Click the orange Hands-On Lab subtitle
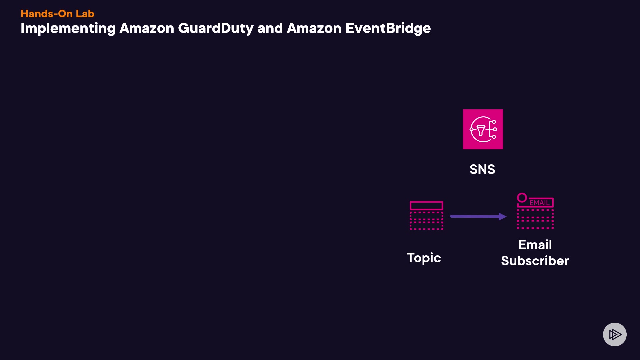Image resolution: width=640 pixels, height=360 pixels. coord(57,14)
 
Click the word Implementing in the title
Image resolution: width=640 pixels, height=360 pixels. coord(68,29)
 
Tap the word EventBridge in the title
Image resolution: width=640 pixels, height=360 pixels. coord(388,29)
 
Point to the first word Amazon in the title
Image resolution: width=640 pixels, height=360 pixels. coord(147,28)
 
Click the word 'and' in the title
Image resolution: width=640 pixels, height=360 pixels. coord(270,28)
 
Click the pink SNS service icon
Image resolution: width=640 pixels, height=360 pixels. coord(483,129)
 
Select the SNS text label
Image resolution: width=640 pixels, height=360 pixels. coord(482,169)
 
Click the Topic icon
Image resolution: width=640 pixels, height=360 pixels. coord(426,215)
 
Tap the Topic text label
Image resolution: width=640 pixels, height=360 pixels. coord(424,258)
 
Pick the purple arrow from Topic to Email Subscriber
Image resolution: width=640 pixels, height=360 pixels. coord(478,217)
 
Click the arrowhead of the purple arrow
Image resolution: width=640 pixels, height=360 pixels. coord(503,217)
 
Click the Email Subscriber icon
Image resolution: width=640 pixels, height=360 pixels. coord(535,211)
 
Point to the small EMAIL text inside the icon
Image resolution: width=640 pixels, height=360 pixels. coord(540,203)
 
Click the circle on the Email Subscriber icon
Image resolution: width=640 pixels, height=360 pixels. coord(522,198)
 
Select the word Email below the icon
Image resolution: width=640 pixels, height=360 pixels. coord(535,245)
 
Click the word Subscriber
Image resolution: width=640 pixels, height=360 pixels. coord(535,261)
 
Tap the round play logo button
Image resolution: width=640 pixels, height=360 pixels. coord(615,334)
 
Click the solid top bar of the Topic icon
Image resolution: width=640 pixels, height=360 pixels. coord(426,205)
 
